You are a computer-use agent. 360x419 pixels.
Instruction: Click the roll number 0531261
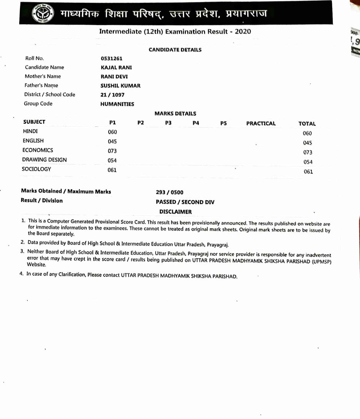111,59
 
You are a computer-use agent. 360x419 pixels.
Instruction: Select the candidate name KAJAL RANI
116,67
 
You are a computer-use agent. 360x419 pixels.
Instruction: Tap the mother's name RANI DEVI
114,77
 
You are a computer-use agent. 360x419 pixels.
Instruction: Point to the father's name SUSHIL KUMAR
121,85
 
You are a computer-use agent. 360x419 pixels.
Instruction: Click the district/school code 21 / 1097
112,95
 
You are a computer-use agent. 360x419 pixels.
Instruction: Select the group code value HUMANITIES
117,104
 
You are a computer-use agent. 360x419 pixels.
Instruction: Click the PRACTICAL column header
261,124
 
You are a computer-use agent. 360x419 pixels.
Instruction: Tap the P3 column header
168,123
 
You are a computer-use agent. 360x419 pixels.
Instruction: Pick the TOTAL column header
307,124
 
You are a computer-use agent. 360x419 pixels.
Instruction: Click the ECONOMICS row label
38,150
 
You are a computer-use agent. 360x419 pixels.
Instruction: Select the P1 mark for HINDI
112,132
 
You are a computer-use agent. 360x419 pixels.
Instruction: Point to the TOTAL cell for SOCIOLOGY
308,172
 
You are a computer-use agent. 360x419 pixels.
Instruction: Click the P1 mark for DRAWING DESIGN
112,160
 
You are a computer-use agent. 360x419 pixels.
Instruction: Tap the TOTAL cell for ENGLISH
307,143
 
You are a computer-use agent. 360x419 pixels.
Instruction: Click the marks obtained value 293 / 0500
169,193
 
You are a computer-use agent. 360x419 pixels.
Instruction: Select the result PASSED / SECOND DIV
185,202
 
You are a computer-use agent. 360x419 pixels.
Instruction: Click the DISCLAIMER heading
175,212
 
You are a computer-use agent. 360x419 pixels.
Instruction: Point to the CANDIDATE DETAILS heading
175,50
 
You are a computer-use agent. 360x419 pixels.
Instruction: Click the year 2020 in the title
243,32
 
